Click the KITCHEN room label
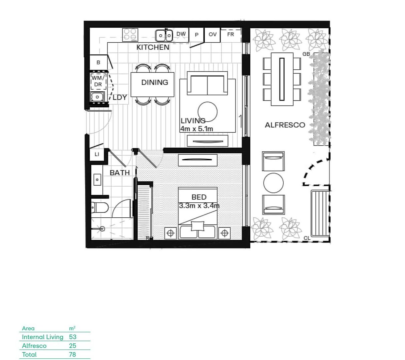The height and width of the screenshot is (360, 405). click(x=153, y=47)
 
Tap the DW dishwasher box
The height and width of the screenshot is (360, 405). click(x=181, y=34)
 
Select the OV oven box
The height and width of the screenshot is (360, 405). click(x=213, y=34)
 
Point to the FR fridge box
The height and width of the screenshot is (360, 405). click(x=231, y=34)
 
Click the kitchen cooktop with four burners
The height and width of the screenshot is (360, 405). click(x=130, y=35)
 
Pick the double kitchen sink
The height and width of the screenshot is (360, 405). click(x=164, y=35)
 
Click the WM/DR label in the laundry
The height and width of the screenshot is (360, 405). click(x=98, y=81)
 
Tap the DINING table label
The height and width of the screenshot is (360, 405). click(x=154, y=82)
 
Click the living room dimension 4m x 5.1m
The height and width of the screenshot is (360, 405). click(x=196, y=129)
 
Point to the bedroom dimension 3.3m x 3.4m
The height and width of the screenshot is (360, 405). click(x=199, y=206)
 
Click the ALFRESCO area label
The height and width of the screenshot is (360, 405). click(x=285, y=125)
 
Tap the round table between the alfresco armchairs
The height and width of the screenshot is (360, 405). click(x=274, y=183)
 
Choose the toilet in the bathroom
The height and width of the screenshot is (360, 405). click(x=100, y=208)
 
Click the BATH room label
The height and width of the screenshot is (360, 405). click(x=120, y=173)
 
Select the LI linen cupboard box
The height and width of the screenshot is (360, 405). click(x=97, y=154)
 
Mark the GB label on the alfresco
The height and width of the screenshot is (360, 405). click(x=306, y=54)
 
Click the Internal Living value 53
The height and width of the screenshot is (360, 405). click(x=73, y=337)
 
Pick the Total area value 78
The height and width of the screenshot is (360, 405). click(x=72, y=354)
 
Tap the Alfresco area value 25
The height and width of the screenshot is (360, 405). click(x=72, y=346)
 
